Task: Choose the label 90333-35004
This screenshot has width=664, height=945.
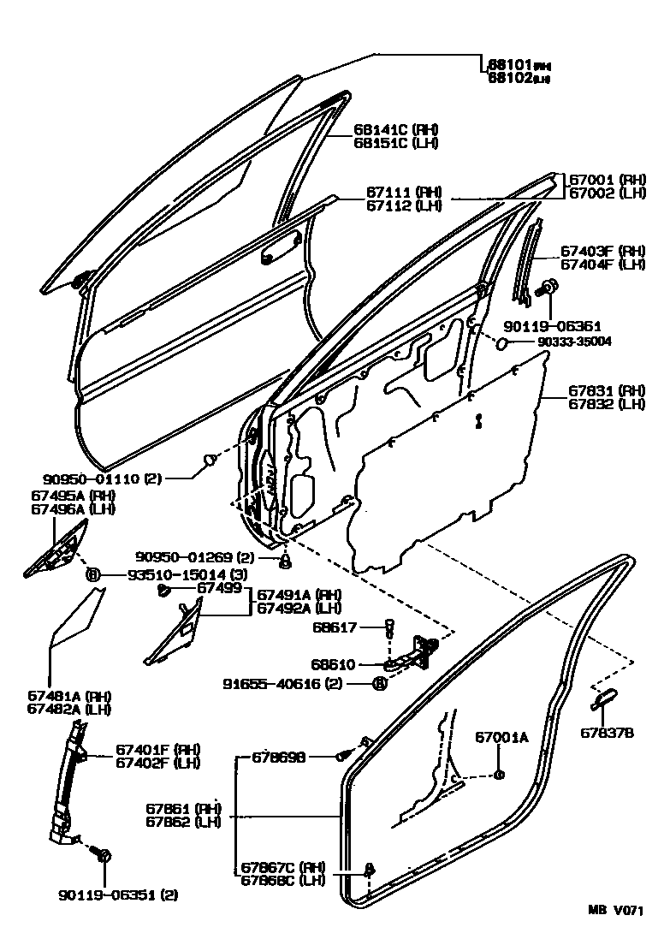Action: tap(574, 342)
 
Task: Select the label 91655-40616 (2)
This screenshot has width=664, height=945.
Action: tap(294, 683)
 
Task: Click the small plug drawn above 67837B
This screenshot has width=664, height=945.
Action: tap(602, 698)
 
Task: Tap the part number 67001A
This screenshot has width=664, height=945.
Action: tap(502, 737)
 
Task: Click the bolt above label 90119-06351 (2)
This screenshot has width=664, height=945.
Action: tap(104, 855)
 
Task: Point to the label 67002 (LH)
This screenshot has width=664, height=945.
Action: tap(608, 194)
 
